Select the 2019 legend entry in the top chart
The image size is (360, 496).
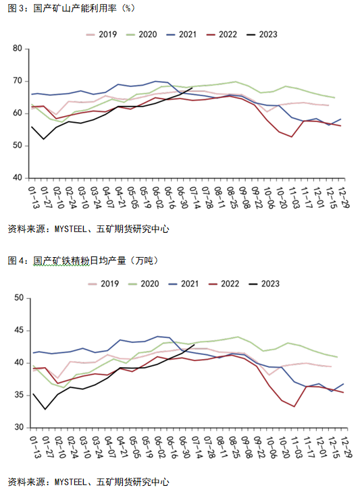pos(103,34)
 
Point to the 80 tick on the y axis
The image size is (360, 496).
pos(18,49)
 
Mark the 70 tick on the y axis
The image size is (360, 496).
pos(18,81)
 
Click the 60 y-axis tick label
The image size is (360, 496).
pos(18,113)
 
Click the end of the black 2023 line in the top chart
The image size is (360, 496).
pos(192,88)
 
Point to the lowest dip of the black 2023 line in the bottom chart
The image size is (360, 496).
pos(45,409)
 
